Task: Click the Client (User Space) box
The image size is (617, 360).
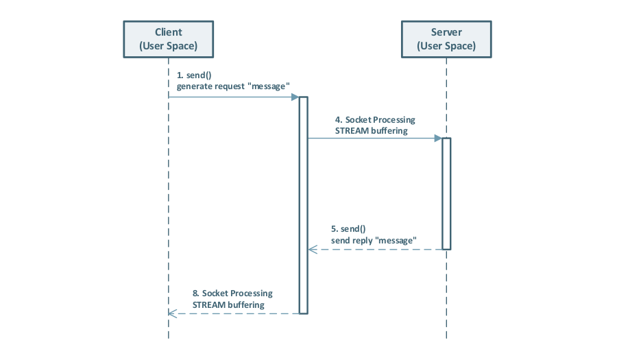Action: [x=168, y=39]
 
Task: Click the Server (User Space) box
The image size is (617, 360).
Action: [x=446, y=39]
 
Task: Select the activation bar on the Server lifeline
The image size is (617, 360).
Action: [x=446, y=193]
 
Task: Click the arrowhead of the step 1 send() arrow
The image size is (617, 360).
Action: [x=295, y=97]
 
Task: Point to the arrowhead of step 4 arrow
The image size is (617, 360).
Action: [x=437, y=138]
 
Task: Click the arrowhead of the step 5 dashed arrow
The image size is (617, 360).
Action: [x=312, y=250]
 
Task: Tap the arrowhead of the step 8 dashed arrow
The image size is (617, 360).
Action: [x=172, y=313]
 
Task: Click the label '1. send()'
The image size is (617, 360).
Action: [x=194, y=74]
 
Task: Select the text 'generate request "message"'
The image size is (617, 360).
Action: [x=233, y=86]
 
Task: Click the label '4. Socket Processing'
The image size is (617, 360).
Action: [x=375, y=119]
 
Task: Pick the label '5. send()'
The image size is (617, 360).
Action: [x=348, y=229]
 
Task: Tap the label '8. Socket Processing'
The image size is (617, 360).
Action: [x=232, y=293]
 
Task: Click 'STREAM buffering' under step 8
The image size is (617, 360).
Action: [x=228, y=304]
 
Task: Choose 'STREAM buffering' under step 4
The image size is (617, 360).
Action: [x=371, y=130]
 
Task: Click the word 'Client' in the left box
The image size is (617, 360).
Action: [x=168, y=32]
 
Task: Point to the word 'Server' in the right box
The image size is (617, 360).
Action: [x=446, y=32]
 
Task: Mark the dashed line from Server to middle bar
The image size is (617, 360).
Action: [x=377, y=250]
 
